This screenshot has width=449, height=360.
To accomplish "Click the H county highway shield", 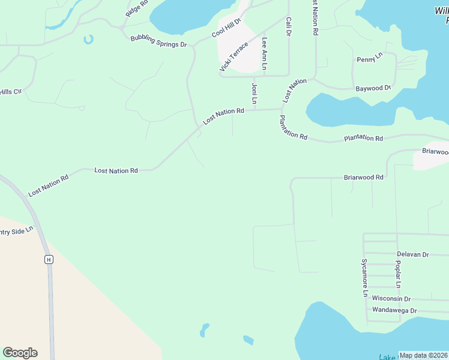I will (x=49, y=259).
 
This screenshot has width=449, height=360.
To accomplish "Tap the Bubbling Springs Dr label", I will (x=159, y=41).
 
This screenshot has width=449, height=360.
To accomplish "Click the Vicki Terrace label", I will (x=234, y=57).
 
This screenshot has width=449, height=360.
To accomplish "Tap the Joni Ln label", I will (x=255, y=95).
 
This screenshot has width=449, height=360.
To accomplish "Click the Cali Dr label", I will (x=289, y=27).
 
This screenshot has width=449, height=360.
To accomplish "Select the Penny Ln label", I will (x=370, y=58).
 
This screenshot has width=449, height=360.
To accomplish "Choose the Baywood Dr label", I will (x=373, y=88).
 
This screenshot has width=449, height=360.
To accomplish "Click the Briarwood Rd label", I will (x=363, y=178).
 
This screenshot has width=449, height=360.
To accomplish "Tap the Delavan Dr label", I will (x=413, y=254).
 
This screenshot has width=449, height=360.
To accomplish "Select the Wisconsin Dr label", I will (x=391, y=298).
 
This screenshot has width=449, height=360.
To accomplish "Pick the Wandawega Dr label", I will (x=394, y=310).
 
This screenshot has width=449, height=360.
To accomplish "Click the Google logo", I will (x=20, y=353).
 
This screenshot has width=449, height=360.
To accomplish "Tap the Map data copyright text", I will (x=423, y=355).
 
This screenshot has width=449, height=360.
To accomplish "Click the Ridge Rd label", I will (x=136, y=9).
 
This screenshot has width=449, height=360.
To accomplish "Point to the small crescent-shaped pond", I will (x=89, y=40).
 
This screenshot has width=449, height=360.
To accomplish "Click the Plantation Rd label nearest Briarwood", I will (x=363, y=139).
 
